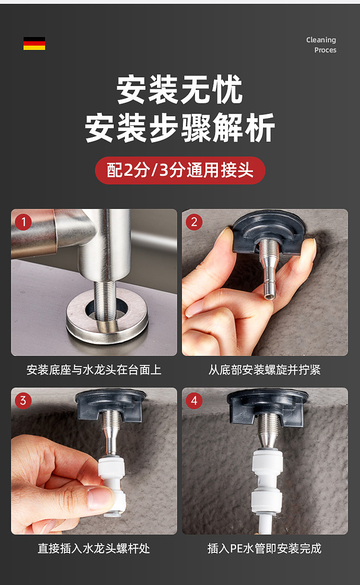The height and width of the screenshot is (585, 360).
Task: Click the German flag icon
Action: click(34, 43)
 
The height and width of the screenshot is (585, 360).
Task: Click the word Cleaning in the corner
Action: click(321, 40)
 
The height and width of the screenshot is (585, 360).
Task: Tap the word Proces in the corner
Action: click(325, 50)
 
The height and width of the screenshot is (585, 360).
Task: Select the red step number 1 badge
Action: click(23, 222)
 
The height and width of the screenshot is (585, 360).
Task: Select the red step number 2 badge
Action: click(194, 222)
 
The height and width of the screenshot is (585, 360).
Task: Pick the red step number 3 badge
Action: click(23, 401)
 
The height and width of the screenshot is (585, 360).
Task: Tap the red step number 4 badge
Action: click(194, 401)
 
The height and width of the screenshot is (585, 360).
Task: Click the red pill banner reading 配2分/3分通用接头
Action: click(180, 171)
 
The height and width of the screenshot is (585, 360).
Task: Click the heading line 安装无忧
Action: click(180, 89)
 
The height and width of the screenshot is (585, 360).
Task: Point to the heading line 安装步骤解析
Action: click(180, 127)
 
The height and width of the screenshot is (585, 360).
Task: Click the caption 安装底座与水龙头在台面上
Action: click(94, 370)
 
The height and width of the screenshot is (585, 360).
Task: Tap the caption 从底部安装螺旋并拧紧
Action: click(264, 370)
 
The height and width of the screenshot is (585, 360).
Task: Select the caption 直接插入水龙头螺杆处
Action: click(94, 548)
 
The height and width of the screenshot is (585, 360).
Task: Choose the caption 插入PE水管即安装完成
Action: click(264, 548)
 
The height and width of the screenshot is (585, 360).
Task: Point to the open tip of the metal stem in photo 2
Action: click(269, 296)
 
